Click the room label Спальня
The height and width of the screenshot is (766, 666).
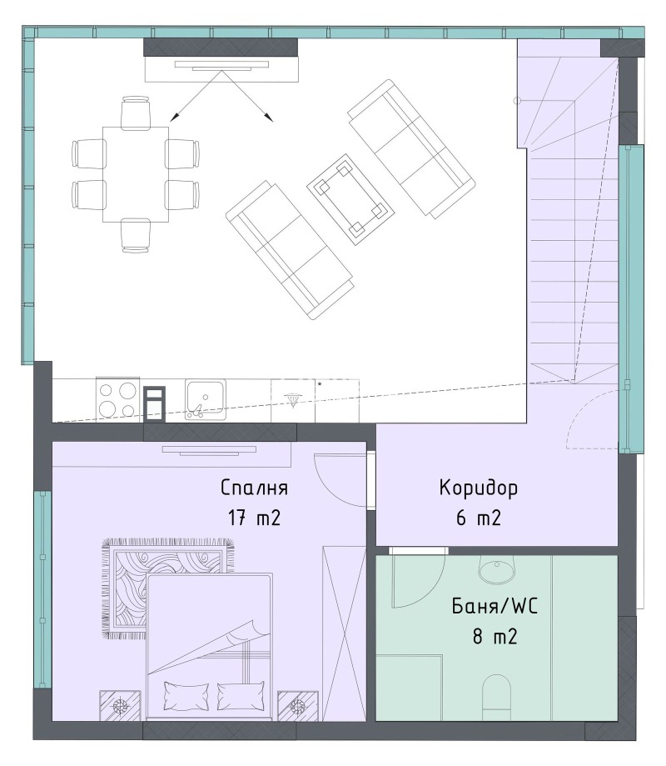tap(254, 488)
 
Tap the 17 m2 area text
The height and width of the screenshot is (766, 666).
tap(254, 518)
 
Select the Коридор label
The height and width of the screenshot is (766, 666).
tap(479, 488)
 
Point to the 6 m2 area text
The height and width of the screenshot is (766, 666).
tap(479, 518)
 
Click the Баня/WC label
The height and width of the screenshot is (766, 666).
tap(495, 607)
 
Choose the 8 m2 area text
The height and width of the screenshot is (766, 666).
tap(495, 637)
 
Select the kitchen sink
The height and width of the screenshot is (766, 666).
tap(206, 399)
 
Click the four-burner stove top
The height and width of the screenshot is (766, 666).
tap(117, 399)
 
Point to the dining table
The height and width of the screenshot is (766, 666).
tap(136, 174)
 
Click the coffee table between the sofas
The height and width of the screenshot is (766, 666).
tap(350, 199)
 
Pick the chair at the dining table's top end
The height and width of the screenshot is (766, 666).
tap(136, 113)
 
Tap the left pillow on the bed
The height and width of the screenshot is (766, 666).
tap(186, 695)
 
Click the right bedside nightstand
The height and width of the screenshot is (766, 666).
tap(298, 705)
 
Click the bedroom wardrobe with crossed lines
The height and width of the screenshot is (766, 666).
tap(344, 633)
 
